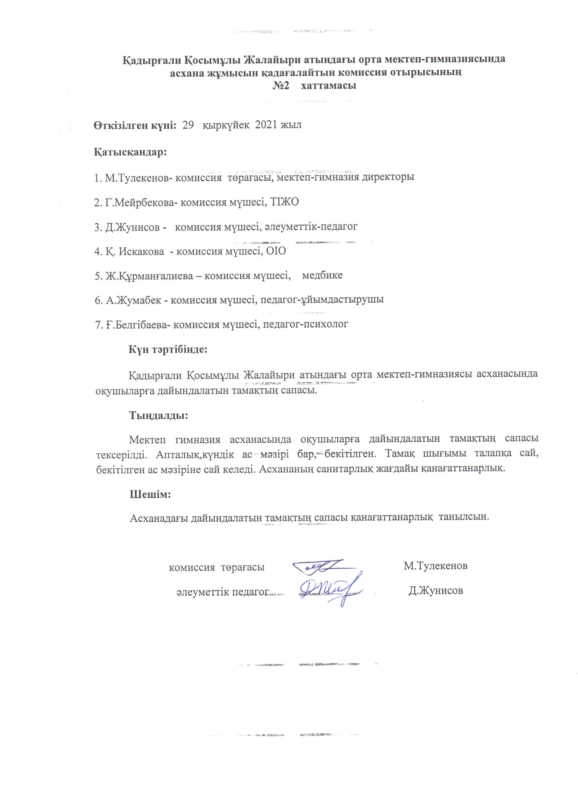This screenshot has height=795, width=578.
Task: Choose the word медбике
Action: coord(322,276)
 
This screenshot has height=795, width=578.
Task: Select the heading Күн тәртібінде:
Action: coord(168,349)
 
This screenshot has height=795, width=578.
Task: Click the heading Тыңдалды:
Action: coord(159,415)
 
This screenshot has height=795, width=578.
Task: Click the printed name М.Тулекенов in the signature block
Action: coord(435,566)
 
